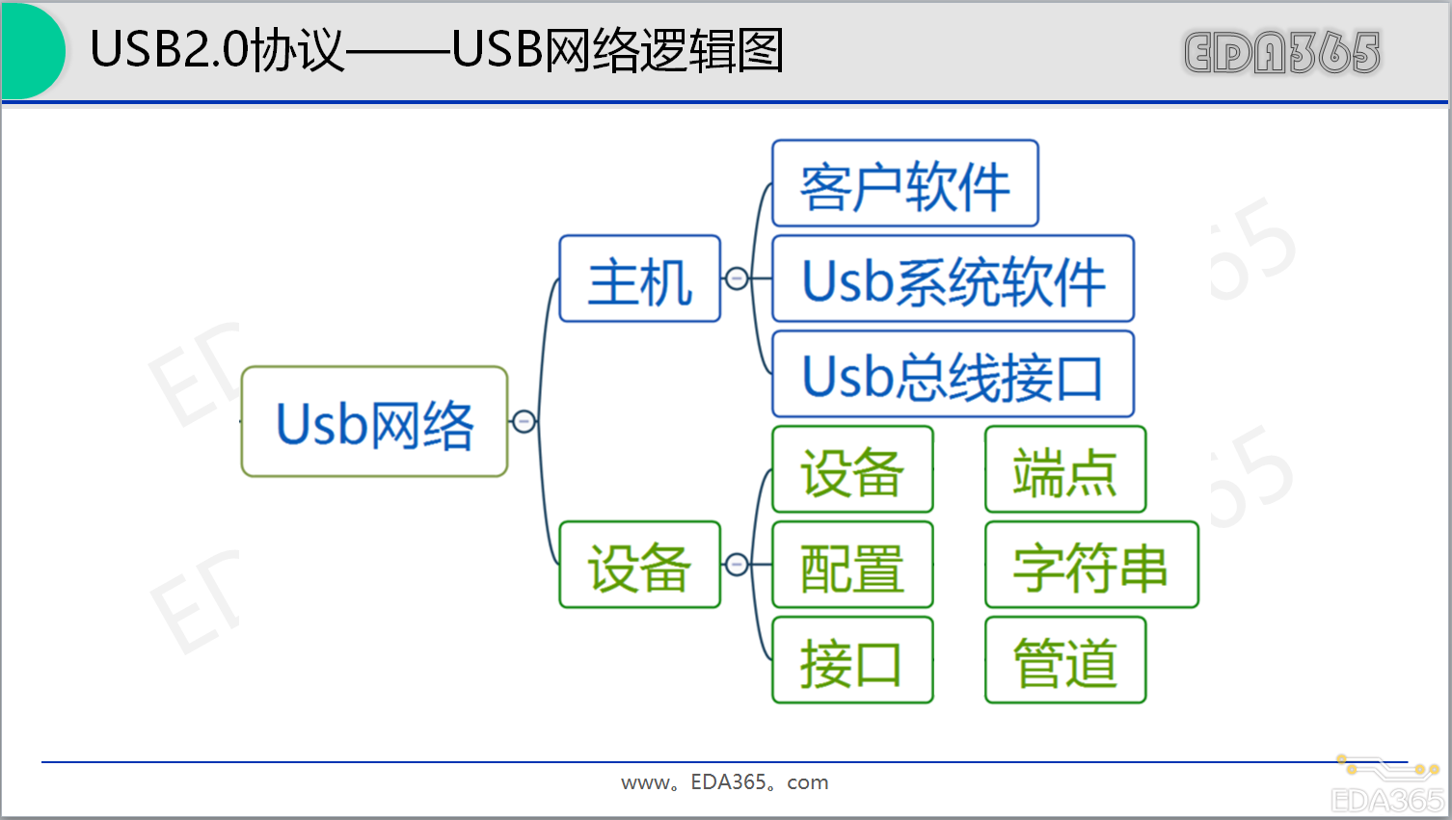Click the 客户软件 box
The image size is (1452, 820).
coord(904,184)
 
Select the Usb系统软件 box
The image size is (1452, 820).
coord(953,279)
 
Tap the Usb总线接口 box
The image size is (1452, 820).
coord(953,375)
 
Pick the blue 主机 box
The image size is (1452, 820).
coord(639,279)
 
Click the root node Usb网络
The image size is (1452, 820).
coord(374,422)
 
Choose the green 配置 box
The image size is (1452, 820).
coord(852,566)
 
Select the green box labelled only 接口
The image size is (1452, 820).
coord(852,661)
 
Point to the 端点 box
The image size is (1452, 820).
coord(1064,470)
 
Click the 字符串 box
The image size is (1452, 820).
coord(1090,566)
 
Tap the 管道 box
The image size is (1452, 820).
coord(1064,661)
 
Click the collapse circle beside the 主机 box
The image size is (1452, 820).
coord(737,279)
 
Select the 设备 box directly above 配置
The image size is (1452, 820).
coord(852,470)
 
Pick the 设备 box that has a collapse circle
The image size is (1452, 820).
coord(639,566)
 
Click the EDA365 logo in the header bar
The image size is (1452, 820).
coord(1281,52)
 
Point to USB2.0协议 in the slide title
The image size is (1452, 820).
coord(216,50)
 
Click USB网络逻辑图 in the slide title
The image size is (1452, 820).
coord(617,50)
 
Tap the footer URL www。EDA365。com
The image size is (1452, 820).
coord(724,782)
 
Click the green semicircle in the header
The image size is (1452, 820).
coord(31,50)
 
